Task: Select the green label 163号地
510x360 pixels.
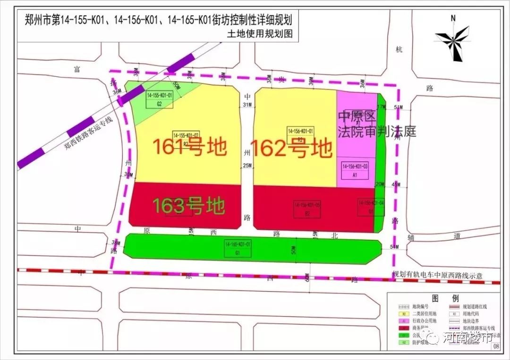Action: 188,206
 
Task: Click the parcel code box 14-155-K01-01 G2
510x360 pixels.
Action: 160,100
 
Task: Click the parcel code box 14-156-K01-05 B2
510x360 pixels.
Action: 307,209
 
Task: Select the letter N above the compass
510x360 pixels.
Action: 453,18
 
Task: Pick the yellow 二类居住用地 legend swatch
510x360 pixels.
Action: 404,313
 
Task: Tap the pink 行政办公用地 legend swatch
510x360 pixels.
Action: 404,321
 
